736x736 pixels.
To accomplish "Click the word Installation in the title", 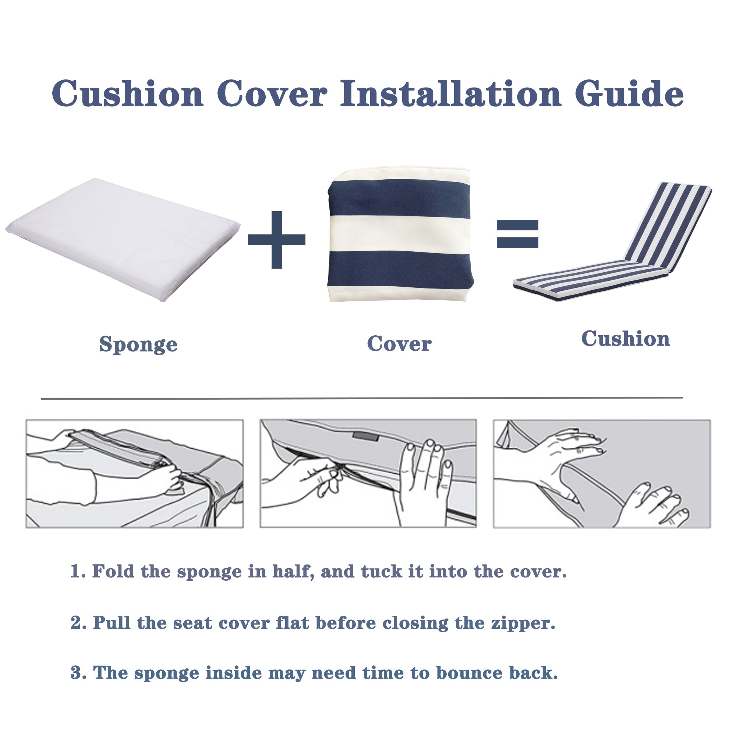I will [x=450, y=94].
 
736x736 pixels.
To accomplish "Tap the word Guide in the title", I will [x=629, y=94].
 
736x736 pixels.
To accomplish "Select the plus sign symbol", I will [x=277, y=240].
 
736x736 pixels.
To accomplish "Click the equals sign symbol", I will [x=517, y=234].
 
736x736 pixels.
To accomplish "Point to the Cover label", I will [x=399, y=344].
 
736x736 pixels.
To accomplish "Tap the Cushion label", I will [x=625, y=339].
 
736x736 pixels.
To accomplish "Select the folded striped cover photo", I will [x=400, y=234].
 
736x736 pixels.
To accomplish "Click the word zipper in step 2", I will [x=523, y=624].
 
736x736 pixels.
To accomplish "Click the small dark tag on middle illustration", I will [x=365, y=436].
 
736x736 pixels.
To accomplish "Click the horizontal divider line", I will [x=362, y=398].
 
